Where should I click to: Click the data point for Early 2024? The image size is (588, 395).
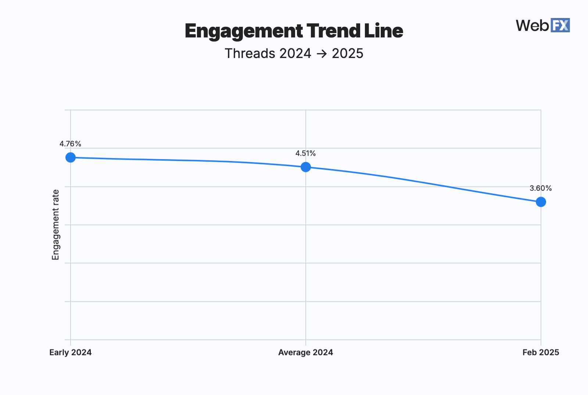point(71,157)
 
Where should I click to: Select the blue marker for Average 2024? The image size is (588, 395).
point(306,167)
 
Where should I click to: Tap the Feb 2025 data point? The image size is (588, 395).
point(541,202)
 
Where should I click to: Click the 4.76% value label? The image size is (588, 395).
point(70,144)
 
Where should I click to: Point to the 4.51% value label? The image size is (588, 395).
point(305,153)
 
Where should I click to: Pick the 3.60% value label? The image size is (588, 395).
point(541,188)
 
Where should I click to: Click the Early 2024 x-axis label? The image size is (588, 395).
point(71,352)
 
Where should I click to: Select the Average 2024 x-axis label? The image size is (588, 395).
point(305,352)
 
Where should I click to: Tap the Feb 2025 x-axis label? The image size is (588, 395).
point(541,352)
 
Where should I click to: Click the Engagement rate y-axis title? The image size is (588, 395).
point(55,225)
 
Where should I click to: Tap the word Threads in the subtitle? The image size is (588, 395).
point(250,54)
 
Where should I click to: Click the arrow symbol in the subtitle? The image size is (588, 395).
point(322,54)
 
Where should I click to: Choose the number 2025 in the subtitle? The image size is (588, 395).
point(347,54)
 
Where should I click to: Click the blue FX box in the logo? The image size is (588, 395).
point(560,25)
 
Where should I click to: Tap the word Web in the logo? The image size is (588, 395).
point(533,25)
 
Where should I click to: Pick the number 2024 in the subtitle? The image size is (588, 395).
point(295,54)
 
